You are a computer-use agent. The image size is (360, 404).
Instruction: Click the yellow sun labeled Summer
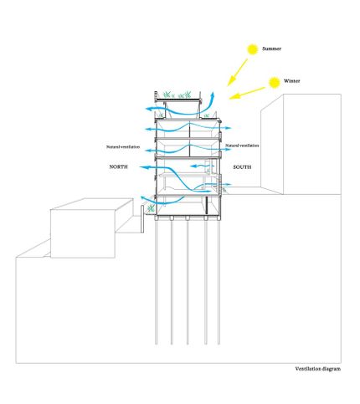coord(253,49)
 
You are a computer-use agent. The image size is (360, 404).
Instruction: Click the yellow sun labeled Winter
coord(275,82)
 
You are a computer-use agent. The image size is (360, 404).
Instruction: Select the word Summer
coord(271,49)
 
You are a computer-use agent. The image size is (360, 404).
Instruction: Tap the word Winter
coord(292,81)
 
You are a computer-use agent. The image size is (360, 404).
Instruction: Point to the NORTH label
coord(119,166)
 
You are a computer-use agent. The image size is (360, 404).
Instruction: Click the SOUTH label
coord(242,167)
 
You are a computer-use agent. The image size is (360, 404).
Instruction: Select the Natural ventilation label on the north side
coord(123,146)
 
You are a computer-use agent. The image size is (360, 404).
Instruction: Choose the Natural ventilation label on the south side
coord(242,146)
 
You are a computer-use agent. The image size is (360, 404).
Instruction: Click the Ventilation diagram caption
coord(318,369)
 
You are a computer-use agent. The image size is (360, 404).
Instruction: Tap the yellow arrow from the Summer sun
coord(238,72)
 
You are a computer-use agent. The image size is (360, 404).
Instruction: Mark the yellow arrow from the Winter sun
coord(247,93)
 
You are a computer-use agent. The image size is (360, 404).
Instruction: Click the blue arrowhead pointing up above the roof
coord(213,95)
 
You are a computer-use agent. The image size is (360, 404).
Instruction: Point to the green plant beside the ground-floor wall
coord(151,207)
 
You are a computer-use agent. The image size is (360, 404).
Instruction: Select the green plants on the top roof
coord(177,95)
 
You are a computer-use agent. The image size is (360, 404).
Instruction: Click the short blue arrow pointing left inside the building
coord(202,166)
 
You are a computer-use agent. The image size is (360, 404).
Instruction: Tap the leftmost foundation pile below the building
coord(157,282)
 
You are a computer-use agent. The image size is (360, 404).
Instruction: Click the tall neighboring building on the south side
coord(301,144)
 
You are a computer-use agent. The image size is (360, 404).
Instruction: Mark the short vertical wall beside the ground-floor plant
coord(142,219)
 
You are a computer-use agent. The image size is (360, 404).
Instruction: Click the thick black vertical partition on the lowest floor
coord(207,206)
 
